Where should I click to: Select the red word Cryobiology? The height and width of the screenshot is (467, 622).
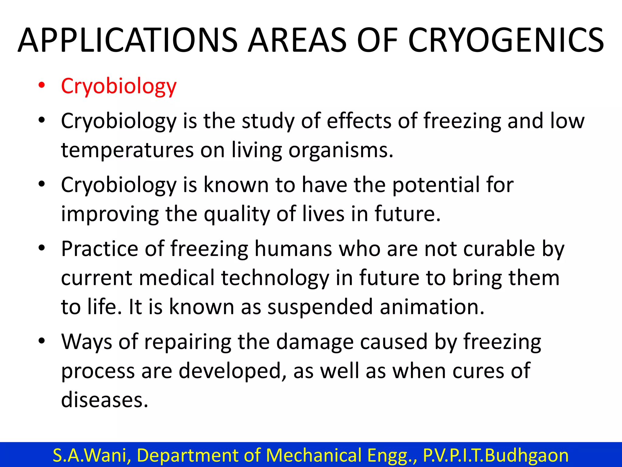coord(118,86)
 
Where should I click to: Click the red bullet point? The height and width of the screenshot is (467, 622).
coord(42,85)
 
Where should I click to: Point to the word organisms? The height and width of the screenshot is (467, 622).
coord(340,150)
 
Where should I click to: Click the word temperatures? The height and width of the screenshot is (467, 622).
coord(127,150)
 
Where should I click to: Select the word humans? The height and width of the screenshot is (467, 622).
coord(293,249)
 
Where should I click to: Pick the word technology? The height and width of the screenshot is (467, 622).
coord(275,278)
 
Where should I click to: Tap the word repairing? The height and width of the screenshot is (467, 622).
coord(187,342)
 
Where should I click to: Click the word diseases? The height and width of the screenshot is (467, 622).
coord(104,400)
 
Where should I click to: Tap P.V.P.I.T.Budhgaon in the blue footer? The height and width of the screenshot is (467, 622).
coord(496,455)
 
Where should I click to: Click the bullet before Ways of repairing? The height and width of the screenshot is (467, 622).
coord(42,341)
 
